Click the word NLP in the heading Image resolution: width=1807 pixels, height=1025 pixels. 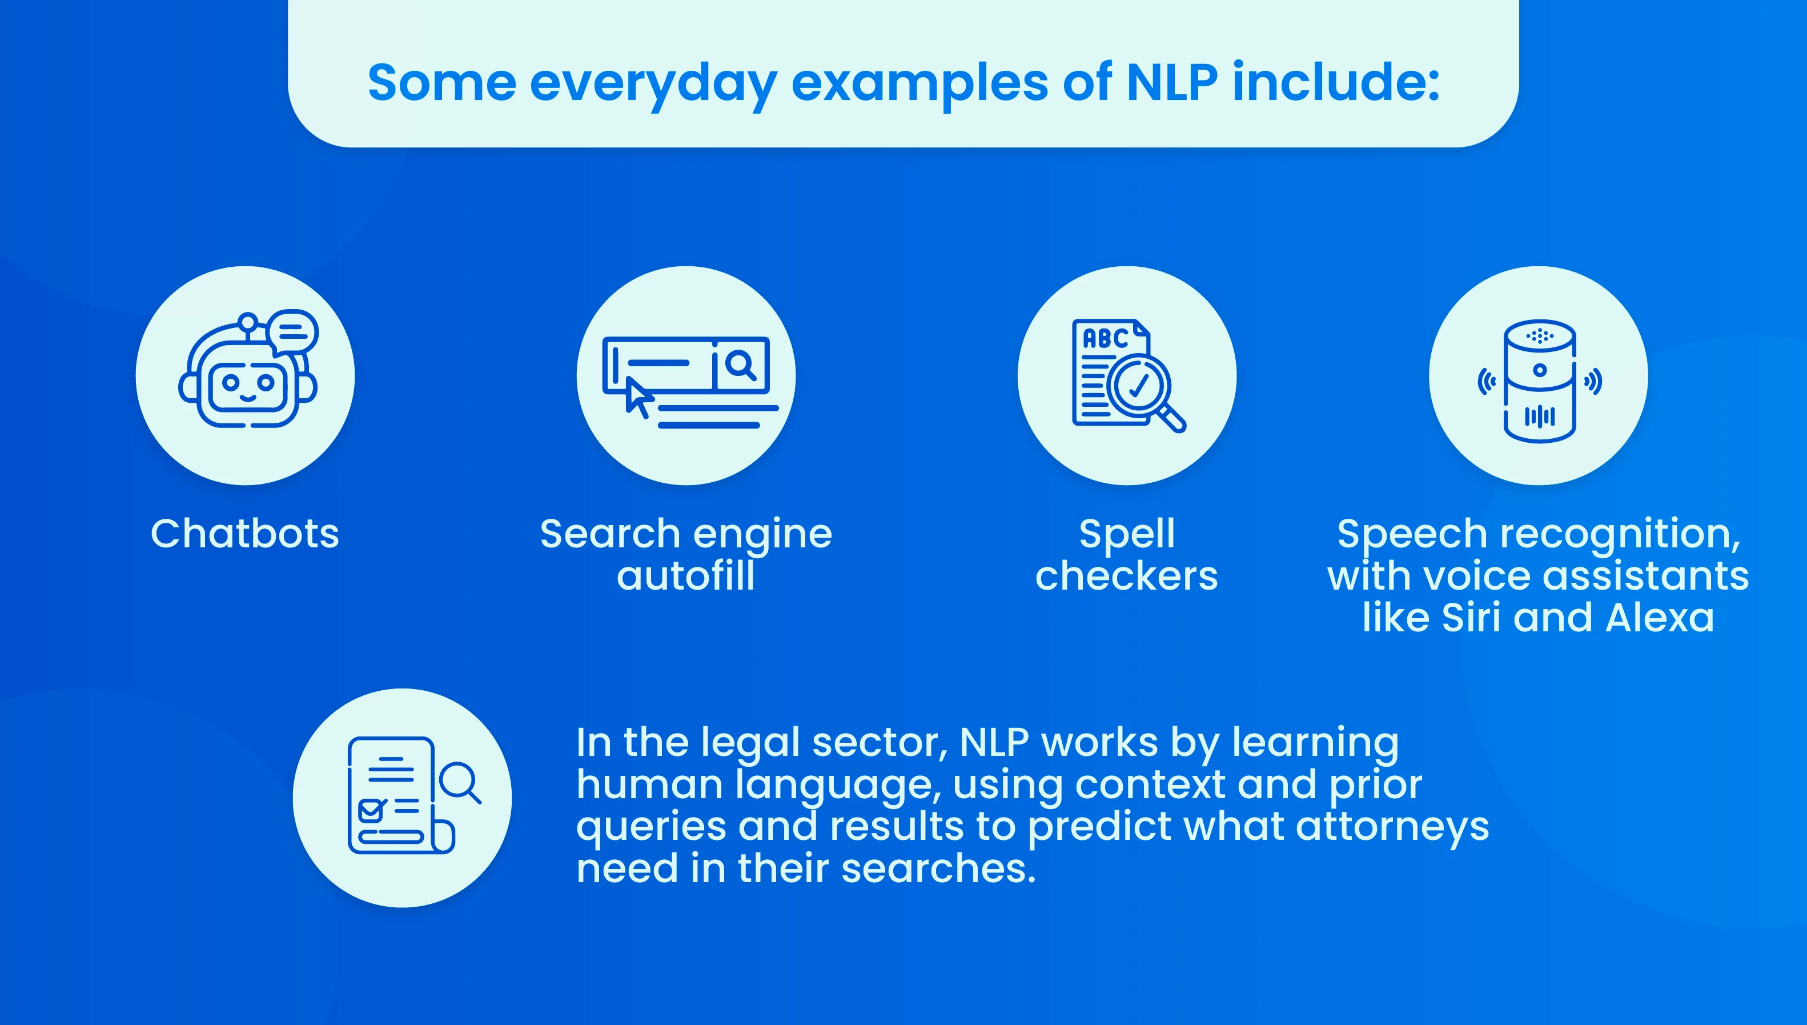1171,83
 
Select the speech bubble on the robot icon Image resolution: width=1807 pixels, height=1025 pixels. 294,331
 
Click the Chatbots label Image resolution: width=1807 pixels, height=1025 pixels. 245,534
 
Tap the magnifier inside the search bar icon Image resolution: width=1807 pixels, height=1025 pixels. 740,365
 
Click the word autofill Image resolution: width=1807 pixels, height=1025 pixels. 686,576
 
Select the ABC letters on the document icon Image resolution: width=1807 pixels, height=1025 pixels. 1105,339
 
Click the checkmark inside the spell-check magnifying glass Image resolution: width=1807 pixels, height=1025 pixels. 1138,385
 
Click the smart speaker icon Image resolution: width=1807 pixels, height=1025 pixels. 1539,380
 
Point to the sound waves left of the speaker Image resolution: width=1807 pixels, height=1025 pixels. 1486,382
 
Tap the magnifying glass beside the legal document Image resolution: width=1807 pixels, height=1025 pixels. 460,782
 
